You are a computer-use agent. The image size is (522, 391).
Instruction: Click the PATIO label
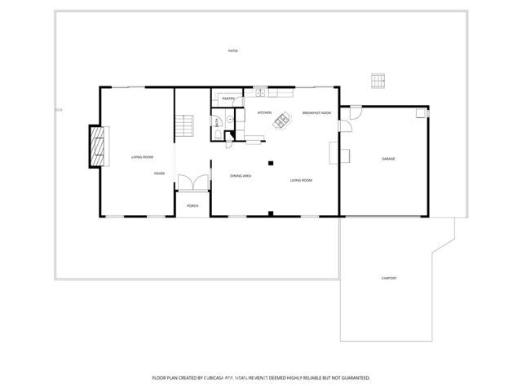tap(232, 51)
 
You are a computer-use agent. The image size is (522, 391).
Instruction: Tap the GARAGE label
tap(388, 159)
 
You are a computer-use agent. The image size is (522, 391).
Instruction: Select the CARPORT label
tap(389, 279)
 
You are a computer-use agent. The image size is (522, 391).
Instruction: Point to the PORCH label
tap(192, 205)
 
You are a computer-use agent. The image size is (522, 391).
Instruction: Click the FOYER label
tap(160, 174)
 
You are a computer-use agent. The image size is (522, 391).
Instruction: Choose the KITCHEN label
tap(264, 112)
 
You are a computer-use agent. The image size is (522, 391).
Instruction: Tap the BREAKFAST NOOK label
tap(316, 112)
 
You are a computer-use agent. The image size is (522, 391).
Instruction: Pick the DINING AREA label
tap(240, 176)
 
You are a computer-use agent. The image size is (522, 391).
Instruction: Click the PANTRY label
tap(229, 99)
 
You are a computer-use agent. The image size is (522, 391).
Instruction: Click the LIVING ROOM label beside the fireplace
tap(143, 156)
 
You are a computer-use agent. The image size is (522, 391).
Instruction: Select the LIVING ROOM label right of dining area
tap(301, 180)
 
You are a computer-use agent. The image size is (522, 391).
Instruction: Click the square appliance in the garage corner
tap(421, 114)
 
